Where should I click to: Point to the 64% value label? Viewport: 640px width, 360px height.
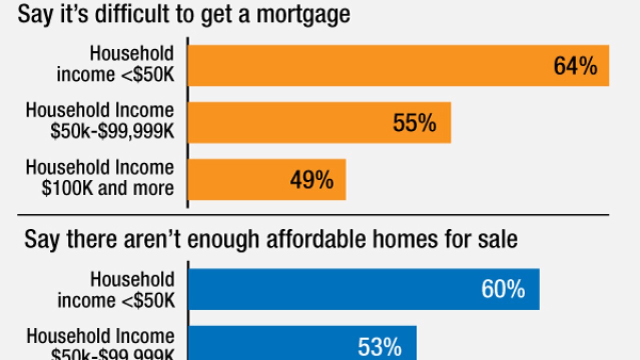[575, 66]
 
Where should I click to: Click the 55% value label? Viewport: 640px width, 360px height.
[414, 123]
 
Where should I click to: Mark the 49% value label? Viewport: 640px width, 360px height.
[311, 180]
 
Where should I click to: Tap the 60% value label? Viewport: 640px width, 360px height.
[503, 289]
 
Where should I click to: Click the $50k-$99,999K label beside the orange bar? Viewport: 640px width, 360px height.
[112, 131]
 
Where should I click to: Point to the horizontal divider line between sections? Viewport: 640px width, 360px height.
[313, 215]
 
